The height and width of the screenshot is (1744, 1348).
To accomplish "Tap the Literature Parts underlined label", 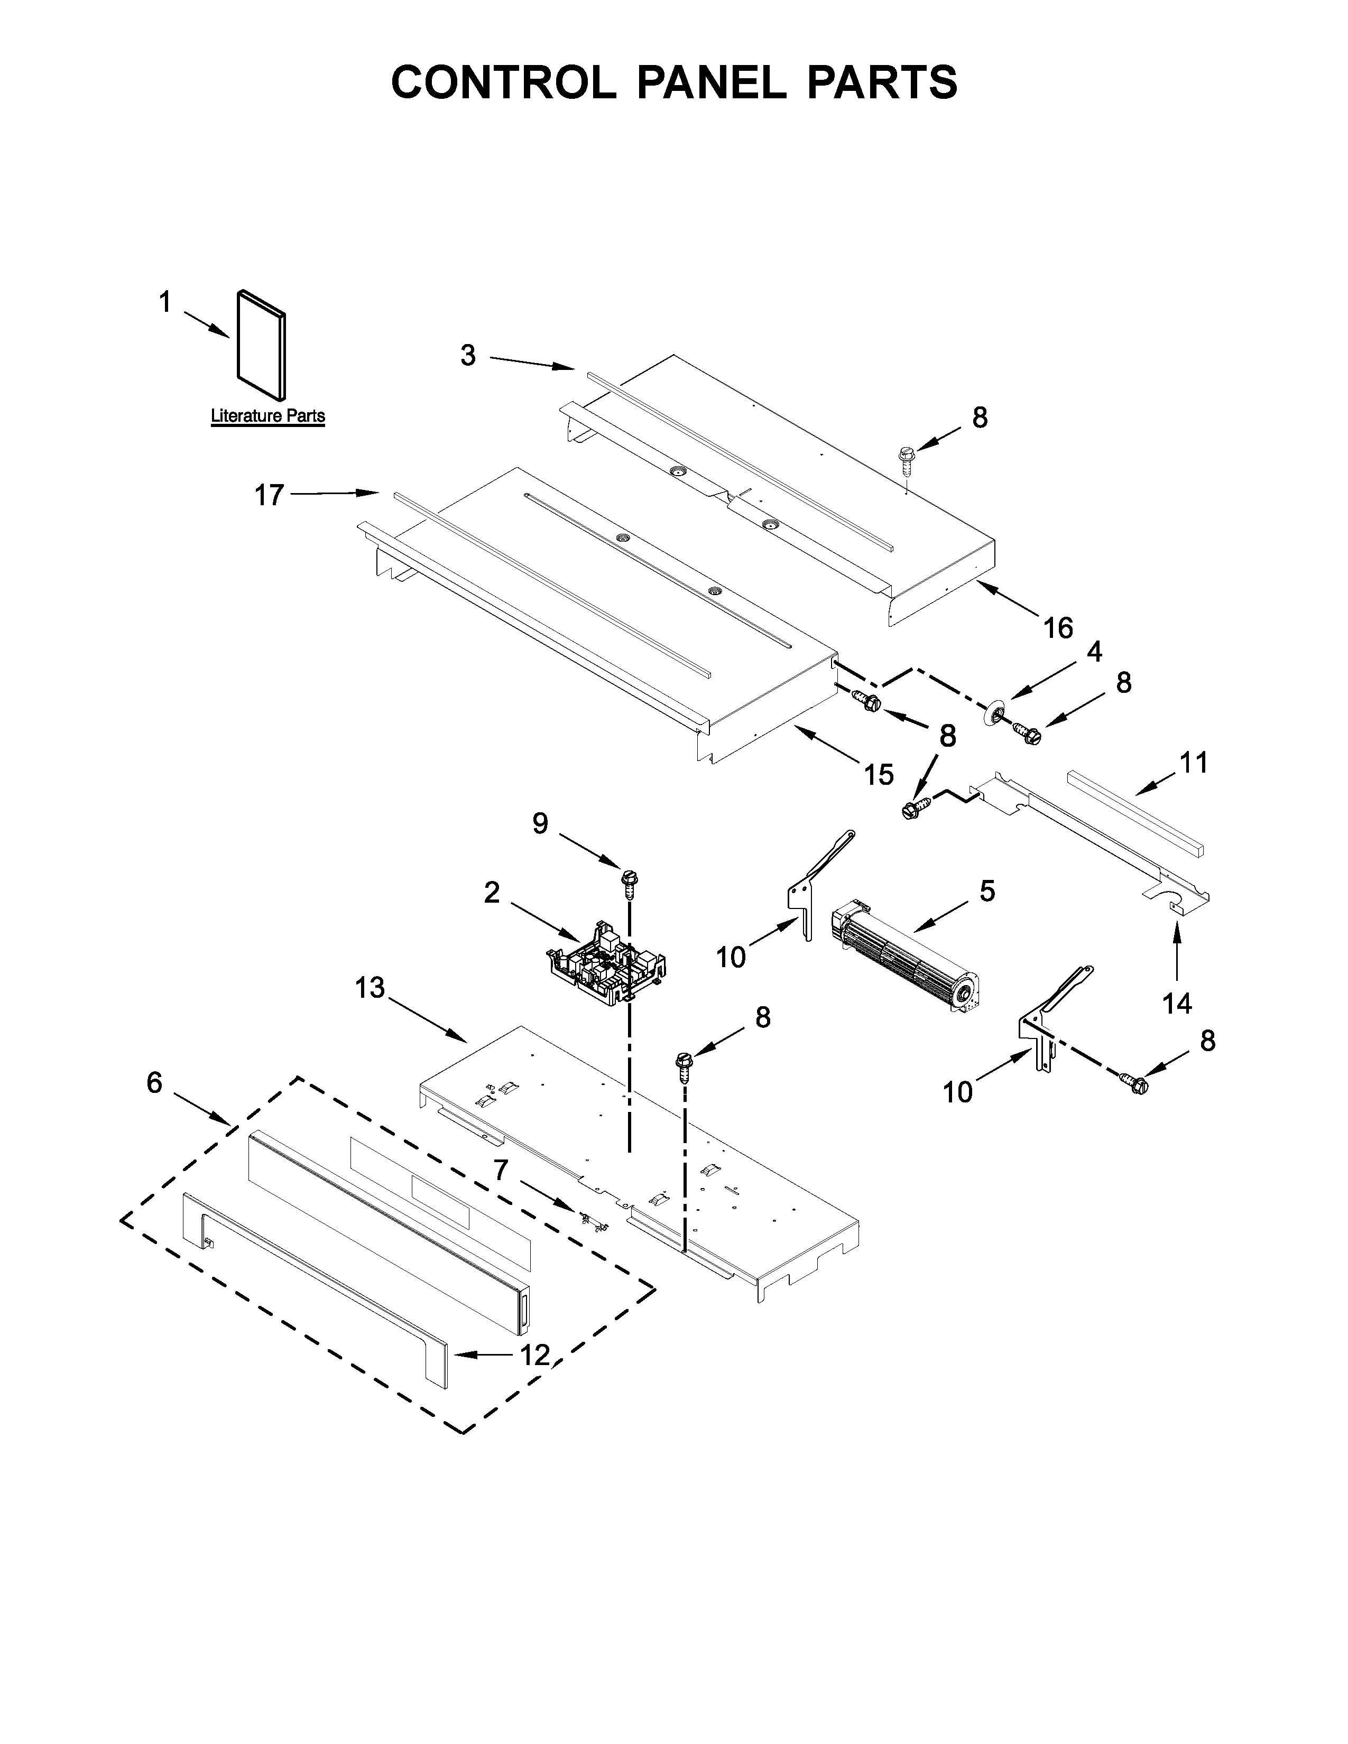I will point(267,416).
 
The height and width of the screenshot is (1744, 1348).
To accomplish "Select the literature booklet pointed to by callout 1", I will point(260,345).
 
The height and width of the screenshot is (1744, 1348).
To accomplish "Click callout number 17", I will point(269,495).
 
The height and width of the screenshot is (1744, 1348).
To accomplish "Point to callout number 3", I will point(468,355).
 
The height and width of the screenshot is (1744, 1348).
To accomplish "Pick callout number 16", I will point(1058,628).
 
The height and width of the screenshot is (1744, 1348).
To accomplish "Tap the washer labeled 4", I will point(995,713).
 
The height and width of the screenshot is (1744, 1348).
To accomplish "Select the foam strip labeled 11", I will point(1134,811).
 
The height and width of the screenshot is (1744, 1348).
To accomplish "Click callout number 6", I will point(154,1083).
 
